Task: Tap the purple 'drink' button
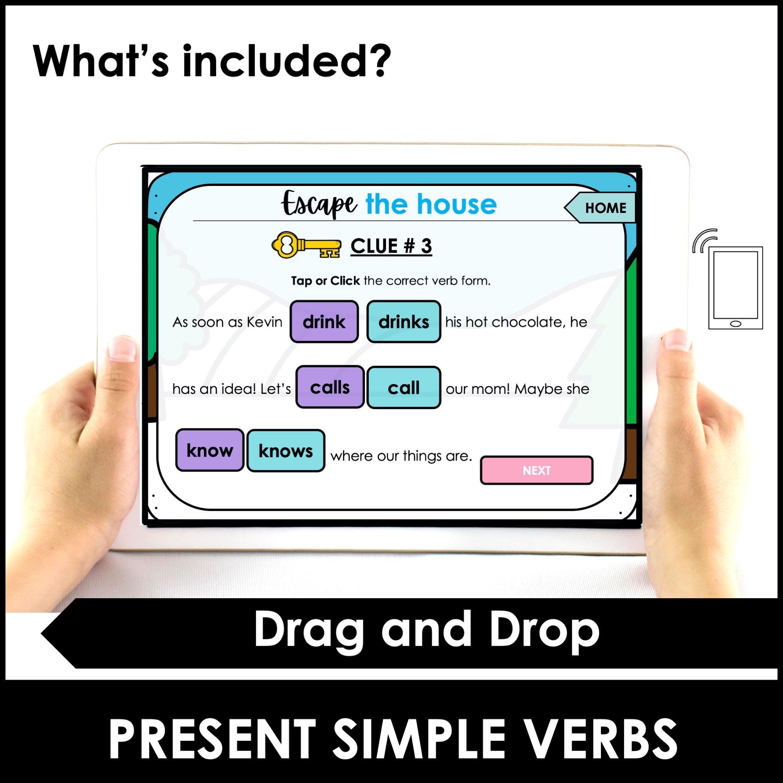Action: [x=324, y=322]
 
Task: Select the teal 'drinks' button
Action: [x=403, y=322]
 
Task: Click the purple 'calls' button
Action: [x=330, y=388]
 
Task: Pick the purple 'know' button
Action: [x=209, y=450]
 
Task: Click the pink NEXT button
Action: [x=536, y=470]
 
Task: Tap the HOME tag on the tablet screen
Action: [x=605, y=208]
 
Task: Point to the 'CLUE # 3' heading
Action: [x=391, y=246]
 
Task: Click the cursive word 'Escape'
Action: [x=319, y=205]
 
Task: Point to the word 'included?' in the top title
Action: [x=286, y=62]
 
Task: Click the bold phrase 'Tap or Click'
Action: [x=325, y=281]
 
